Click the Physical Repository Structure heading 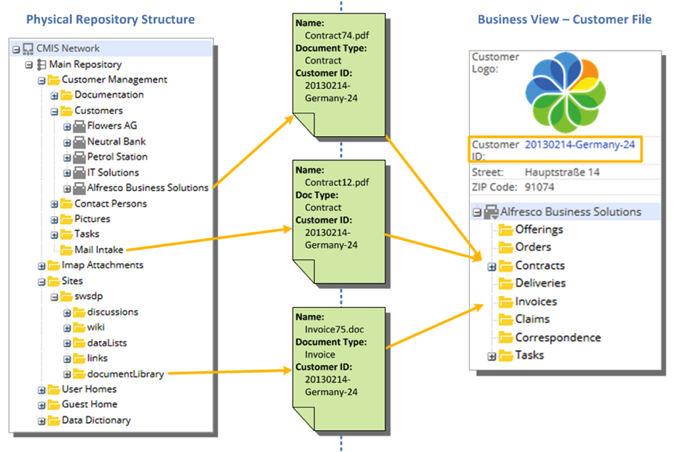[110, 19]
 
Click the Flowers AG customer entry [112, 125]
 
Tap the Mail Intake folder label [98, 250]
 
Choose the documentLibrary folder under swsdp [125, 374]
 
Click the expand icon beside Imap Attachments [41, 265]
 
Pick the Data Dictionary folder [96, 420]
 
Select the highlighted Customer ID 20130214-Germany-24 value [580, 144]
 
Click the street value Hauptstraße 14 [562, 172]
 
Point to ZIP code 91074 [540, 187]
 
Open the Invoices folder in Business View [535, 302]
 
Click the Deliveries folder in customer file [540, 283]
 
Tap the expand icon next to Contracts [491, 266]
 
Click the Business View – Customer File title [564, 19]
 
